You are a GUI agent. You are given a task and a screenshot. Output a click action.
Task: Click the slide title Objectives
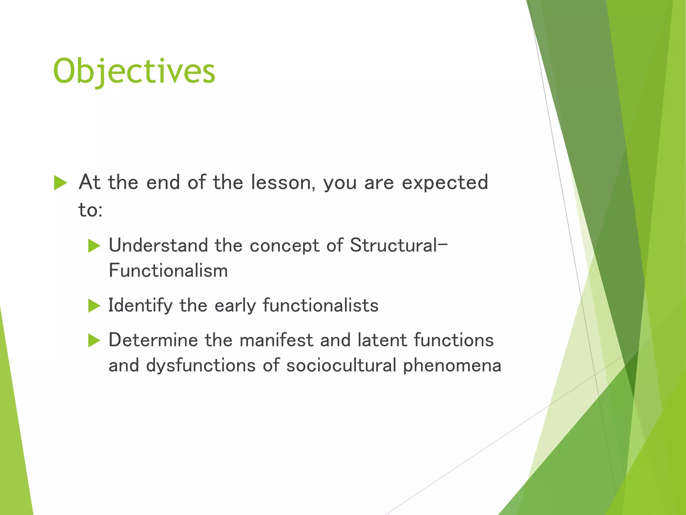[x=134, y=71]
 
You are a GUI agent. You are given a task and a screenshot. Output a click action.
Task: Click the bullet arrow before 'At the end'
[x=60, y=183]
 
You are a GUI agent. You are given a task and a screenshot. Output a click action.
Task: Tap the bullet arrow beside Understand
[x=94, y=246]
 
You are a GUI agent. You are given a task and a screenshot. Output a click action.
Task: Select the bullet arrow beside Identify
[x=94, y=306]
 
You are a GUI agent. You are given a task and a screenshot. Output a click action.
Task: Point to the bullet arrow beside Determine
[x=94, y=341]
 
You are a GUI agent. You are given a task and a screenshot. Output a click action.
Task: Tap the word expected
[x=444, y=183]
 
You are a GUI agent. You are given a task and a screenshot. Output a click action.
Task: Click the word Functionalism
[x=168, y=271]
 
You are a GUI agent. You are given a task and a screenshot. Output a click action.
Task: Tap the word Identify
[x=140, y=306]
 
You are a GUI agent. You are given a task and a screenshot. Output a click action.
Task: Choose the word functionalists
[x=321, y=306]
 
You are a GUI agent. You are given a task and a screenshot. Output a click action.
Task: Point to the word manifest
[x=276, y=340]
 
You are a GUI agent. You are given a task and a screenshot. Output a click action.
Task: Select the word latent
[x=382, y=340]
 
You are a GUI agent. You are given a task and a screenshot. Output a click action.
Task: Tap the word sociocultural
[x=341, y=365]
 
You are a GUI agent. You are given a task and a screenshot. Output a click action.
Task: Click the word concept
[x=284, y=246]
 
